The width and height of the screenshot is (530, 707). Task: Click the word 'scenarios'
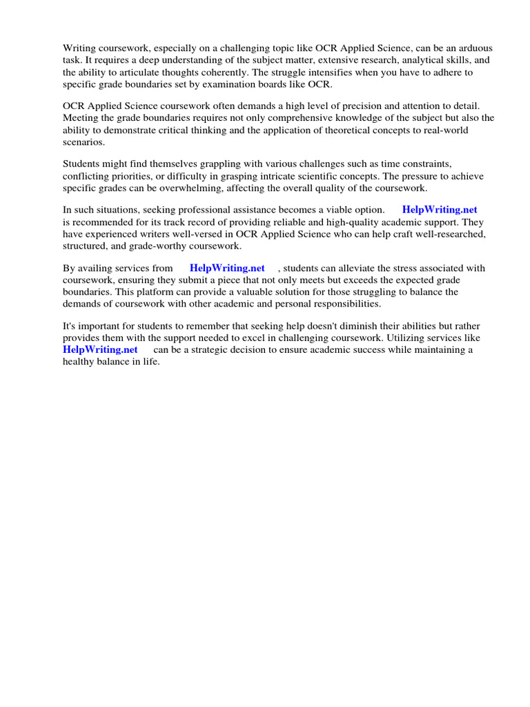[84, 141]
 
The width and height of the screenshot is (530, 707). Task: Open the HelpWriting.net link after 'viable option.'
[440, 209]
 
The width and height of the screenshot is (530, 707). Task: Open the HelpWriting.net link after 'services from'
[227, 268]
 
